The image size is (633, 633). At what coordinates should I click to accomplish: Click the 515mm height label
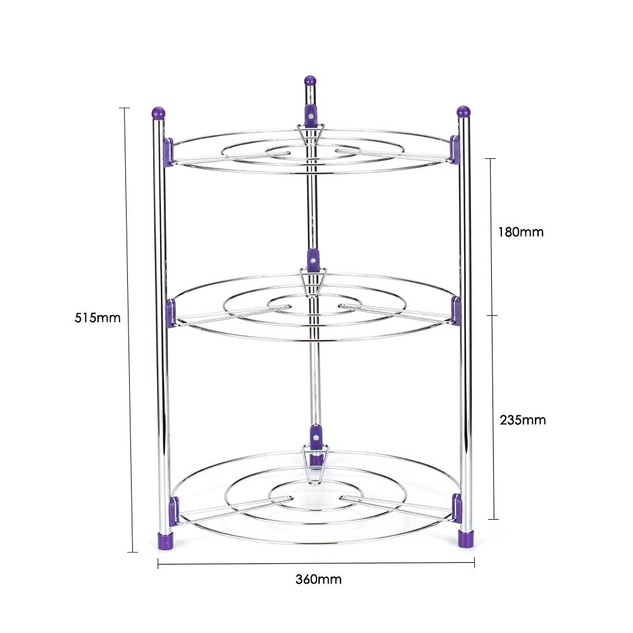[x=97, y=318]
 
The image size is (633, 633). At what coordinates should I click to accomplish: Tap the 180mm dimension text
[x=521, y=232]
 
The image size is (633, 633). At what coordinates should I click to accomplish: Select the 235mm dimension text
[x=523, y=420]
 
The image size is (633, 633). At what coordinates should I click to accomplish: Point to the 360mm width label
[x=318, y=579]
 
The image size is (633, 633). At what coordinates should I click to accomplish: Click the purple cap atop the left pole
[x=159, y=113]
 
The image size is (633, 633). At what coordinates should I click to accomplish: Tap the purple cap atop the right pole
[x=464, y=112]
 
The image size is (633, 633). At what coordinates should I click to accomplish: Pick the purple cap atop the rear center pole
[x=310, y=80]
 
